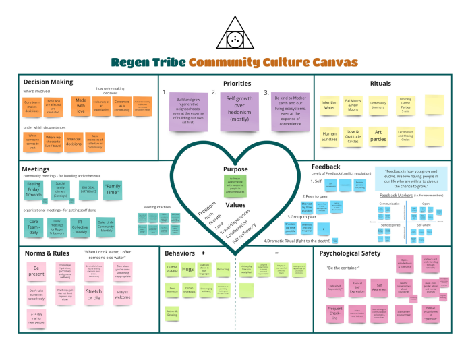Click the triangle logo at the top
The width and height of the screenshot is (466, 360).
[233, 35]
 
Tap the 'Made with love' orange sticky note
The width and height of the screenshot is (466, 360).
[80, 105]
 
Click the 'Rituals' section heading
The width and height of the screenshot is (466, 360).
[380, 83]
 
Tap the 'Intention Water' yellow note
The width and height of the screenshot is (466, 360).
[329, 105]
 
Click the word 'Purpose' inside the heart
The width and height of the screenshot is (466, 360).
[235, 169]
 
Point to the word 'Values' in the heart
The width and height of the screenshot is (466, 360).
[235, 204]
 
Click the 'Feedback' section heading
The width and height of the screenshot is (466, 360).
[325, 166]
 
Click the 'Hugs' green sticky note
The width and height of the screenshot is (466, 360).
[188, 268]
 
